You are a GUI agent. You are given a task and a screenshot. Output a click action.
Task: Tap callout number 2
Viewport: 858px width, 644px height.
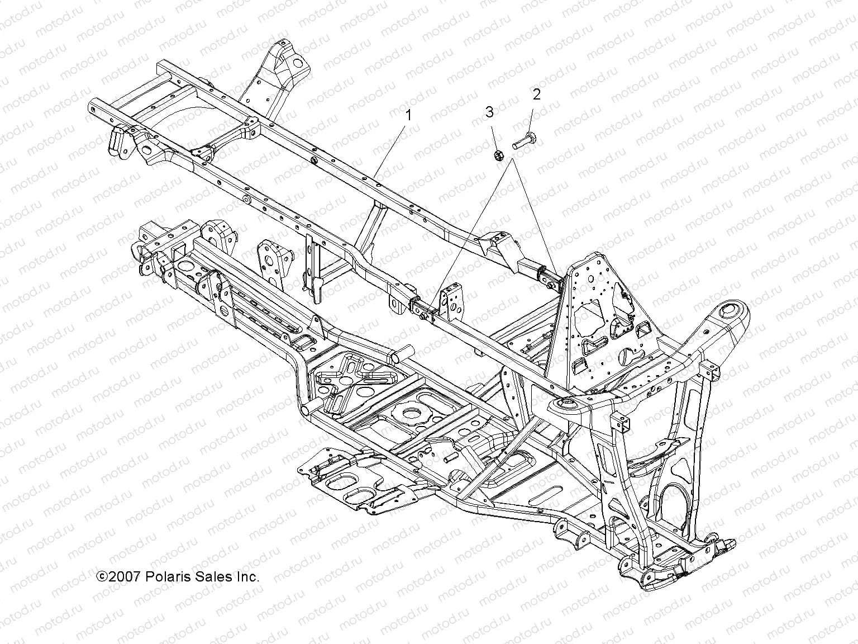[x=536, y=94]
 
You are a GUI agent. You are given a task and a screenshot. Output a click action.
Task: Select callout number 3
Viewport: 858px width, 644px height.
[x=489, y=112]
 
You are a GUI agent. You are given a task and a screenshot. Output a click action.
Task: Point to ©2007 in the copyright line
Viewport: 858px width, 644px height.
[x=118, y=577]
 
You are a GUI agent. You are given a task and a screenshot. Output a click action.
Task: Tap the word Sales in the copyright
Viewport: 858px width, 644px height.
[x=214, y=577]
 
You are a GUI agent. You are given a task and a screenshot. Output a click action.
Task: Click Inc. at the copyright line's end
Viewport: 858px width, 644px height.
[x=249, y=577]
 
